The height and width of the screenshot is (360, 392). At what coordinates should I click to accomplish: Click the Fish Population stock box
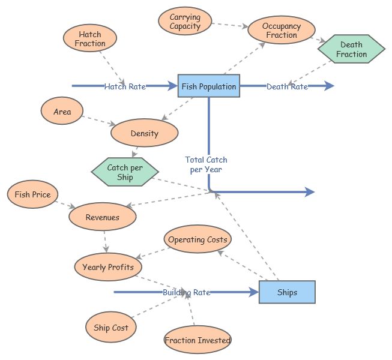(209, 86)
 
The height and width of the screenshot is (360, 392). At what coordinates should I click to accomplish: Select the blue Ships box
(287, 292)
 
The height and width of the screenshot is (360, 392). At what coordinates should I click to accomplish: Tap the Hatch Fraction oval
(91, 39)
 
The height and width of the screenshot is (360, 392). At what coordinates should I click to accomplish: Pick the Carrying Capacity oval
(185, 22)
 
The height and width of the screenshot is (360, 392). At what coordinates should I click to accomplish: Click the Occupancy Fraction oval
(282, 31)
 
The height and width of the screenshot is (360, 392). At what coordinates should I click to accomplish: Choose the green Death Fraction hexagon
(351, 50)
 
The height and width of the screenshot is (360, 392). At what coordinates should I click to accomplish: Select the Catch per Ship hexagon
(125, 172)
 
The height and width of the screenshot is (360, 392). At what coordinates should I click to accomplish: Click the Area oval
(62, 112)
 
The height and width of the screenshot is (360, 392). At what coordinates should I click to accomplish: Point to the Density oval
(145, 133)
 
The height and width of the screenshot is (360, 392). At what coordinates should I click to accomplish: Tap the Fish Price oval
(32, 194)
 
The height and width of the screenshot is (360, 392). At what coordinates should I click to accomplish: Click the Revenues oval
(103, 217)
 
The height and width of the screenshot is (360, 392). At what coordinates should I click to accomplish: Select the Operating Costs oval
(198, 240)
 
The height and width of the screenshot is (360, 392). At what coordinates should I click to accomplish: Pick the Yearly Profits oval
(108, 267)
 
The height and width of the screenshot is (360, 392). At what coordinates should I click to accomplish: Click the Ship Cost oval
(111, 328)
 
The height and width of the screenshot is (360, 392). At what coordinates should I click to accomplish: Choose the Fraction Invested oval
(198, 340)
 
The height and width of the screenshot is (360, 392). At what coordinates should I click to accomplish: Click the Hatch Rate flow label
(125, 86)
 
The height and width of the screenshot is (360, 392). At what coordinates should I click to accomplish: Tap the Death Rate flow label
(287, 86)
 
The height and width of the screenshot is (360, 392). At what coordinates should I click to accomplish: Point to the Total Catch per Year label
(206, 164)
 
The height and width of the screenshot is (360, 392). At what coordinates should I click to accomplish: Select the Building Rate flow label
(186, 292)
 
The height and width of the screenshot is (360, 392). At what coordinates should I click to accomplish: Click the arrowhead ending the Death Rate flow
(329, 86)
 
